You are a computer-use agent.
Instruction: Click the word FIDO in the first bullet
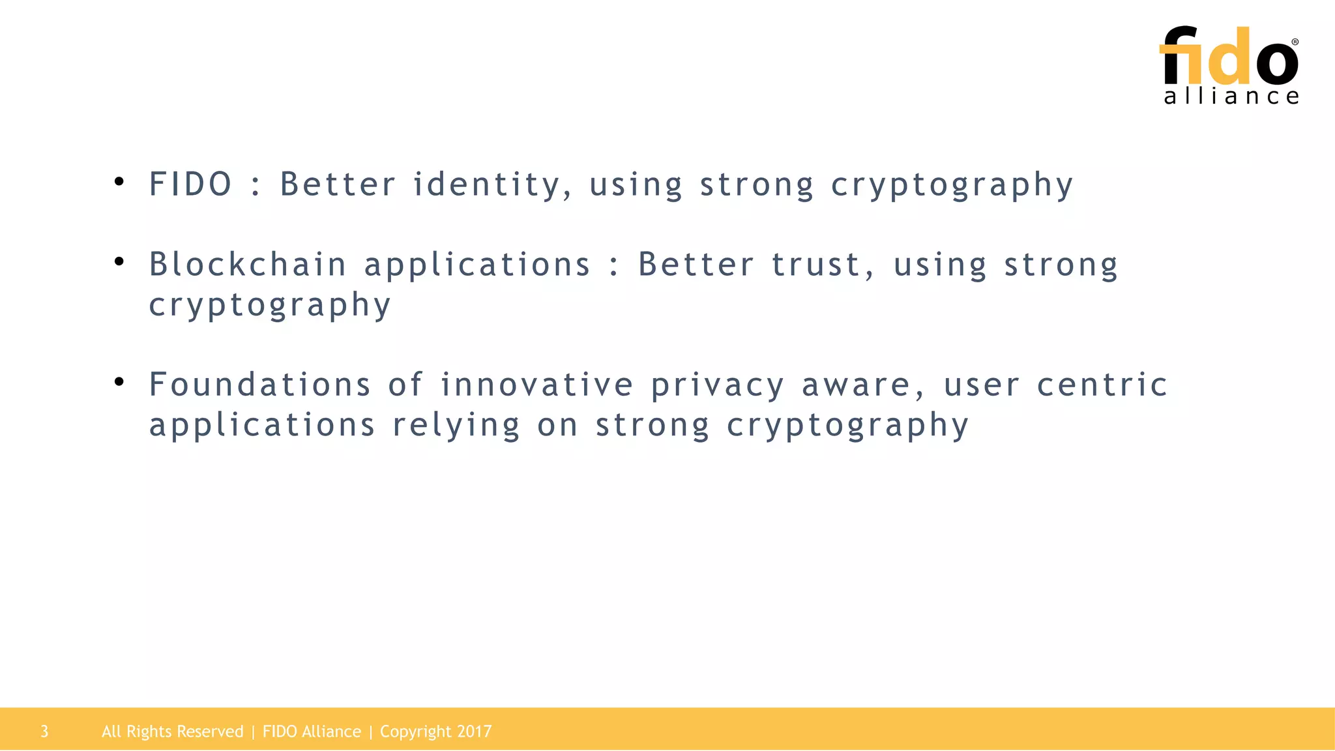tap(190, 184)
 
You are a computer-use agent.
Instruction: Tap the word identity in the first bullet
tap(486, 184)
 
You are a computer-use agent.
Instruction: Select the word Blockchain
tap(248, 265)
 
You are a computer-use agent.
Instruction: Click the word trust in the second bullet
tap(815, 265)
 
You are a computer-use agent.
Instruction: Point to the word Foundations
tap(260, 385)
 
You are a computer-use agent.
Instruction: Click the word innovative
tap(536, 385)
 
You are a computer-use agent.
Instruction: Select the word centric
tap(1102, 385)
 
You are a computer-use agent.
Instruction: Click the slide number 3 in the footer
tap(44, 731)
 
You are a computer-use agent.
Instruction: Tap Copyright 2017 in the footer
tap(435, 731)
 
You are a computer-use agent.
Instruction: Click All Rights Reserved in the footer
tap(172, 731)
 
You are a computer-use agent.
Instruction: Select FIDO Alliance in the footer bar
tap(312, 731)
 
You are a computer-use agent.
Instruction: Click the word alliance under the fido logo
tap(1231, 96)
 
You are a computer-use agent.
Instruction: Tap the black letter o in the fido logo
tap(1276, 63)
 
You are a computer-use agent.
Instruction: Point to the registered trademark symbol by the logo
tap(1295, 42)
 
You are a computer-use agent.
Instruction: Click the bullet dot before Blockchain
tap(119, 262)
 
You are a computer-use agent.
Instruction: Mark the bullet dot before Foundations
tap(119, 382)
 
